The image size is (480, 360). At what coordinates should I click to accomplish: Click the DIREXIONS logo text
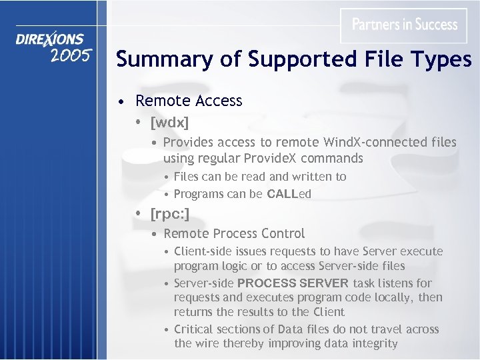click(x=50, y=39)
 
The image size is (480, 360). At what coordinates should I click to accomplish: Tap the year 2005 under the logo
click(x=70, y=55)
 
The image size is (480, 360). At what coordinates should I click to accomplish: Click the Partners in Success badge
click(x=404, y=25)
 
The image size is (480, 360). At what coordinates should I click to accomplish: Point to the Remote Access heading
click(x=189, y=101)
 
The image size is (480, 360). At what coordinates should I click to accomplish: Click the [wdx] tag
click(x=169, y=123)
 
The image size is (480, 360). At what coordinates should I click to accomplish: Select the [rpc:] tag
click(x=170, y=214)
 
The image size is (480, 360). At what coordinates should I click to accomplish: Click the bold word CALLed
click(x=289, y=194)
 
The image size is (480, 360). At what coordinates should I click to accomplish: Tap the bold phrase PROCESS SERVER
click(x=293, y=283)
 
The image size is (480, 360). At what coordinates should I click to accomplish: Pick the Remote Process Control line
click(x=234, y=233)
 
